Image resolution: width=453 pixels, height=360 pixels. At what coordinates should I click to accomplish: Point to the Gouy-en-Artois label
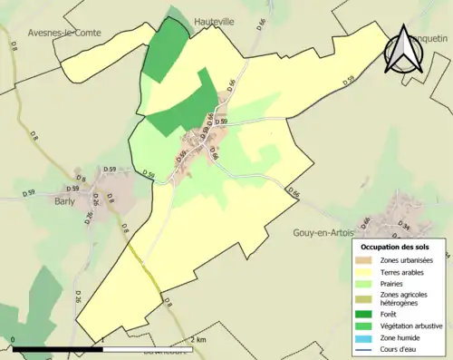tap(325, 232)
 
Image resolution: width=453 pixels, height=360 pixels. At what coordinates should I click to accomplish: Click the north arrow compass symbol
tap(403, 49)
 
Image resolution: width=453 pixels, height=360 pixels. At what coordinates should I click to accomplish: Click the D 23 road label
tap(348, 80)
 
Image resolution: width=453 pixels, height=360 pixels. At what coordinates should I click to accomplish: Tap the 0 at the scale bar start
tap(14, 339)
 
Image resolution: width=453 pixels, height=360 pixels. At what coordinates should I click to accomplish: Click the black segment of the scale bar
tap(58, 348)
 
